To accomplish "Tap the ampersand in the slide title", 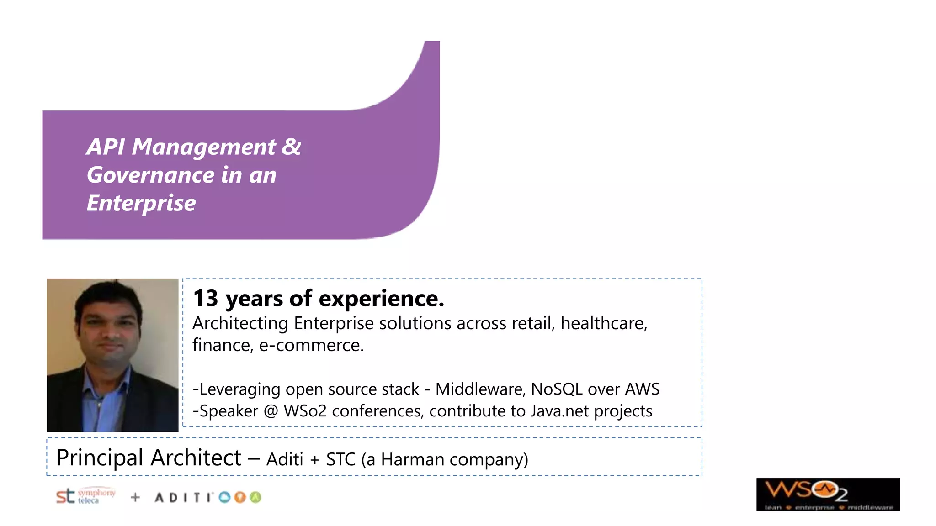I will point(291,147).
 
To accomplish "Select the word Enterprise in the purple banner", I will point(141,203).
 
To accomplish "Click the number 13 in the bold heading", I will point(205,299).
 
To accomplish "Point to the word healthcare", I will point(603,323).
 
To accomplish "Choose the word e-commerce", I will point(311,346).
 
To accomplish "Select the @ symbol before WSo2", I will point(271,411).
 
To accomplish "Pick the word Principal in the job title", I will point(100,458).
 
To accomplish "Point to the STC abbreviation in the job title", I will point(340,459).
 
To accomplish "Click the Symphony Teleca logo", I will point(85,496).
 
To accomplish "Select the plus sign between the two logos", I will point(135,497).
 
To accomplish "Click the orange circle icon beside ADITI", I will point(240,497).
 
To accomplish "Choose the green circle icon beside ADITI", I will point(255,497).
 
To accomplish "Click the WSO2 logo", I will point(828,494).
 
